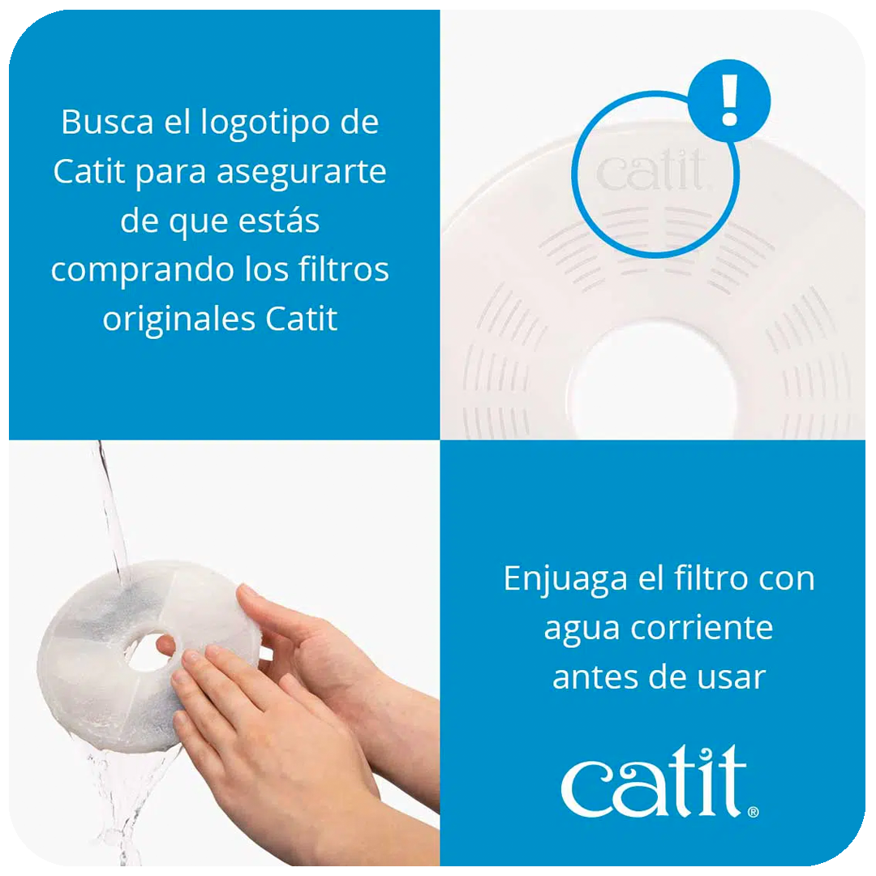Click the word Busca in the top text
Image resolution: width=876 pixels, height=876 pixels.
coord(107,121)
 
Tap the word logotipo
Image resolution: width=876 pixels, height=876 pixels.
coord(265,123)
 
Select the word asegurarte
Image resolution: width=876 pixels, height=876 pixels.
coord(301,172)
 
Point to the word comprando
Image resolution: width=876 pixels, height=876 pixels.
coord(143,271)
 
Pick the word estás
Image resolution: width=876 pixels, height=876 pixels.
coord(279,220)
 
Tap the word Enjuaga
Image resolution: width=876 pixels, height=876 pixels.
coord(565,580)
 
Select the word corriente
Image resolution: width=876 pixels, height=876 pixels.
coord(702,628)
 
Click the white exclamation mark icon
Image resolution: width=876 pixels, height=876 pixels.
coord(730,100)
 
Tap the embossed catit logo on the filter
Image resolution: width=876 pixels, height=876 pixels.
coord(651,170)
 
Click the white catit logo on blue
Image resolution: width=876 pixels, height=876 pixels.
coord(654,780)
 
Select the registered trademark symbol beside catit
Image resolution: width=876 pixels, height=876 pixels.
coord(753,812)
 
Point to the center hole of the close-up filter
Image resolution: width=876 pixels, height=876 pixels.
coord(652,379)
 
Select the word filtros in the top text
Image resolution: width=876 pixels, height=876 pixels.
coord(344,269)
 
